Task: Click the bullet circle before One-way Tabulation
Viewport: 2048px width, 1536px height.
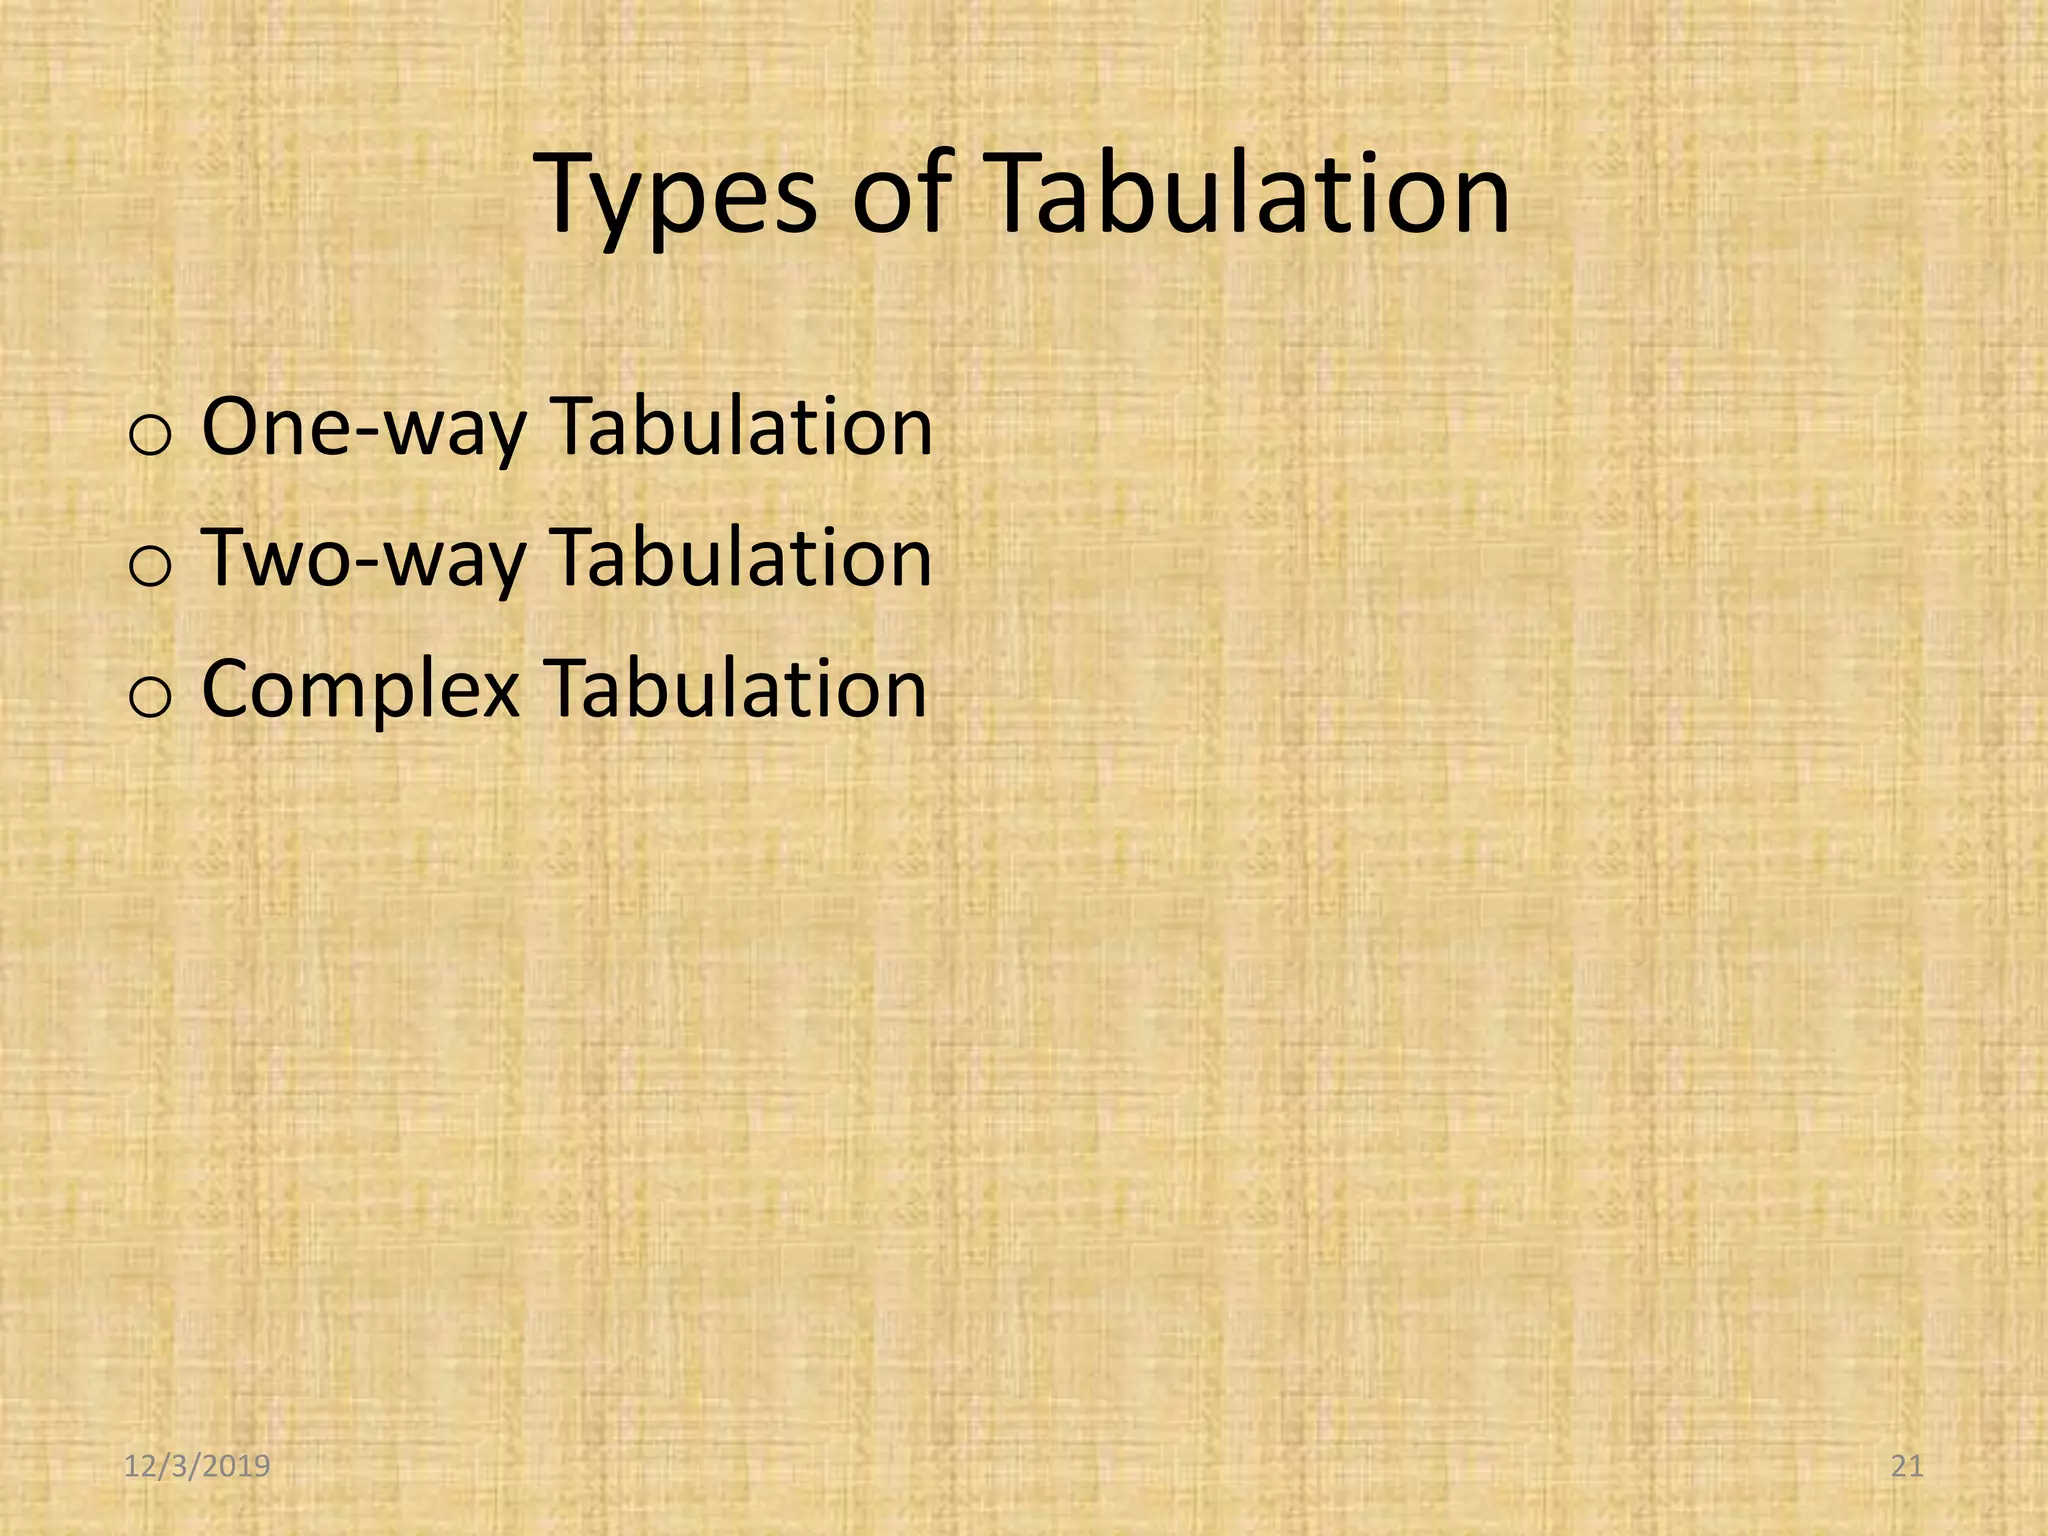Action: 151,437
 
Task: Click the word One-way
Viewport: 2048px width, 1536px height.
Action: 363,428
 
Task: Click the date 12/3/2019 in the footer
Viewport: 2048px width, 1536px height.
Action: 197,1467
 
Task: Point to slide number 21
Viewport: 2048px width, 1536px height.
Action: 1908,1467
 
